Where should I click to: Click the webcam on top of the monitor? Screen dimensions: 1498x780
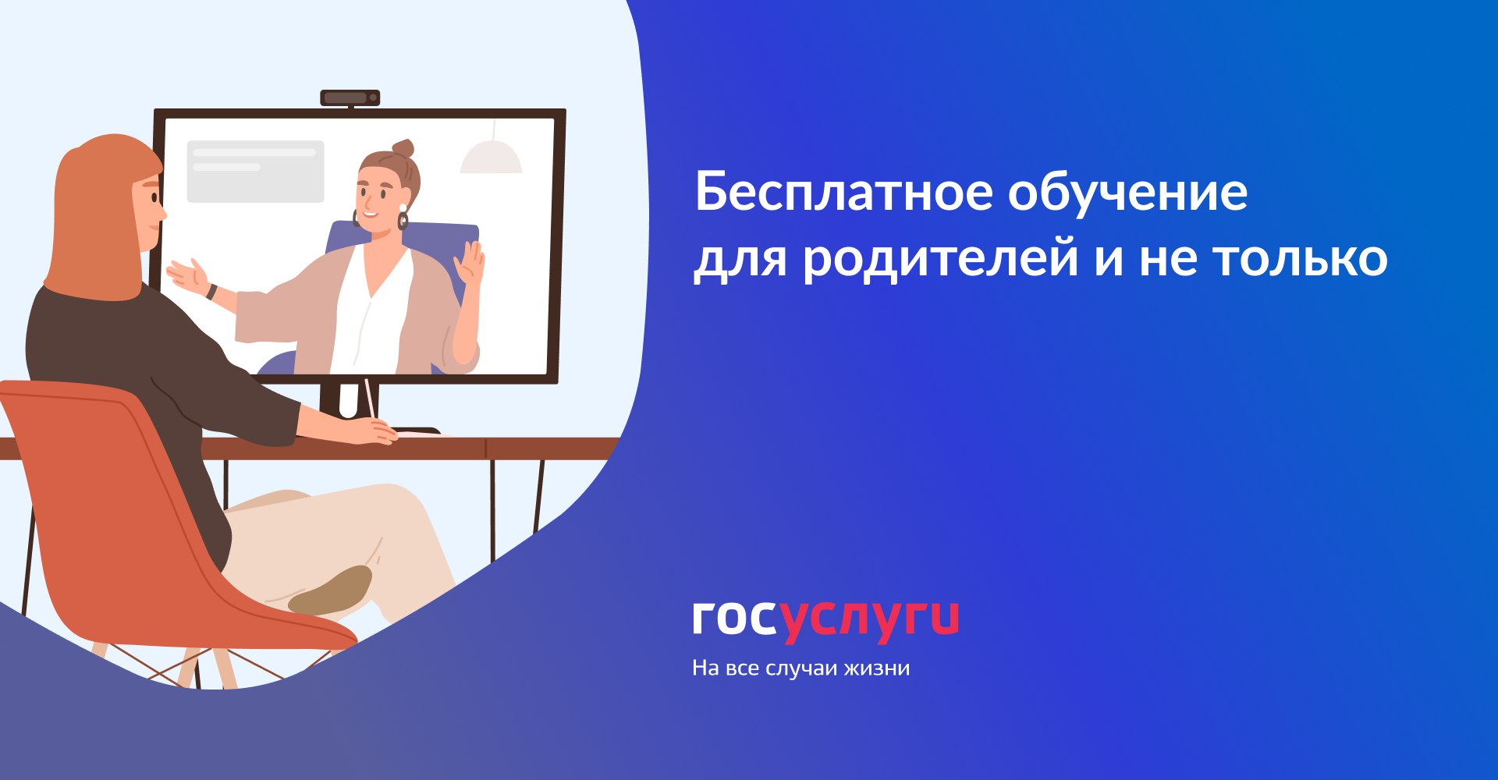click(350, 97)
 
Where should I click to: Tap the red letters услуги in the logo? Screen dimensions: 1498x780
click(870, 622)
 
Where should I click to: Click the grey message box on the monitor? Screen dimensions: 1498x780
click(255, 172)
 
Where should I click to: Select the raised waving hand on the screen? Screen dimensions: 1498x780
click(469, 264)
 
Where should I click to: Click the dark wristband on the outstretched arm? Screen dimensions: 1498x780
click(211, 291)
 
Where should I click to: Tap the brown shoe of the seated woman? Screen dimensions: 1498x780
click(331, 590)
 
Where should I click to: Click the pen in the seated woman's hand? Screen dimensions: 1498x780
click(370, 399)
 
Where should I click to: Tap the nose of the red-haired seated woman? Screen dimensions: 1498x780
click(162, 211)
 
